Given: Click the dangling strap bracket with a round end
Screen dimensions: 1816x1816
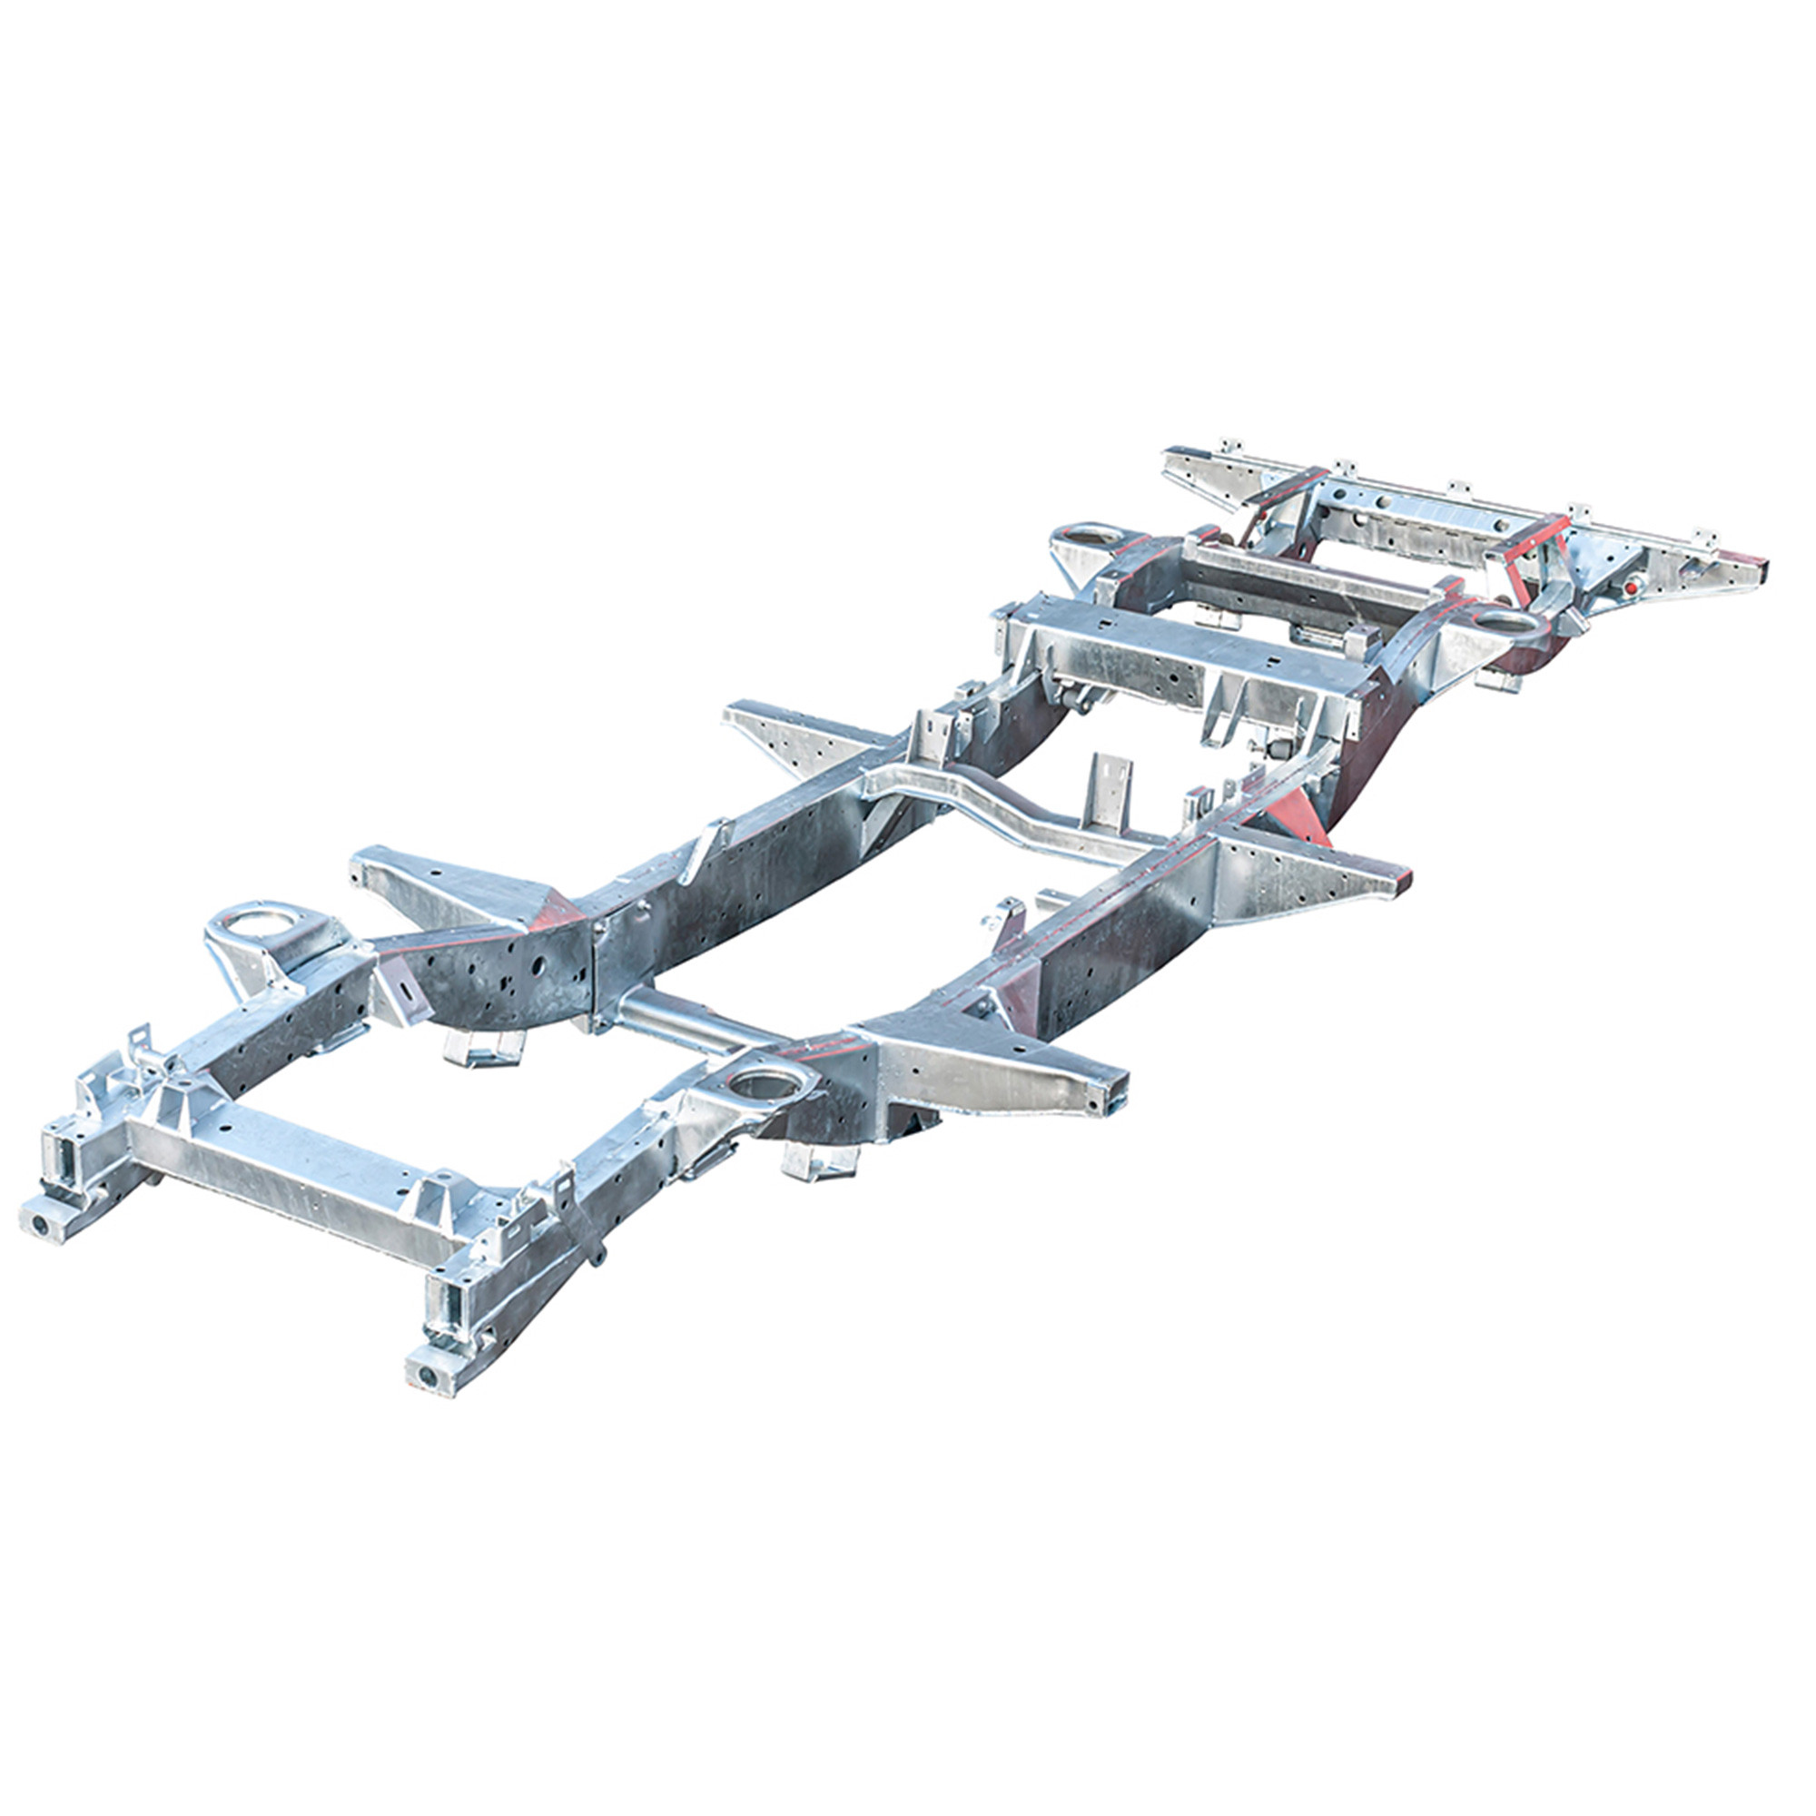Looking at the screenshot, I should click(597, 1256).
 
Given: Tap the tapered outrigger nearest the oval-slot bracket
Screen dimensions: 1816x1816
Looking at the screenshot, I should click(442, 883).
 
